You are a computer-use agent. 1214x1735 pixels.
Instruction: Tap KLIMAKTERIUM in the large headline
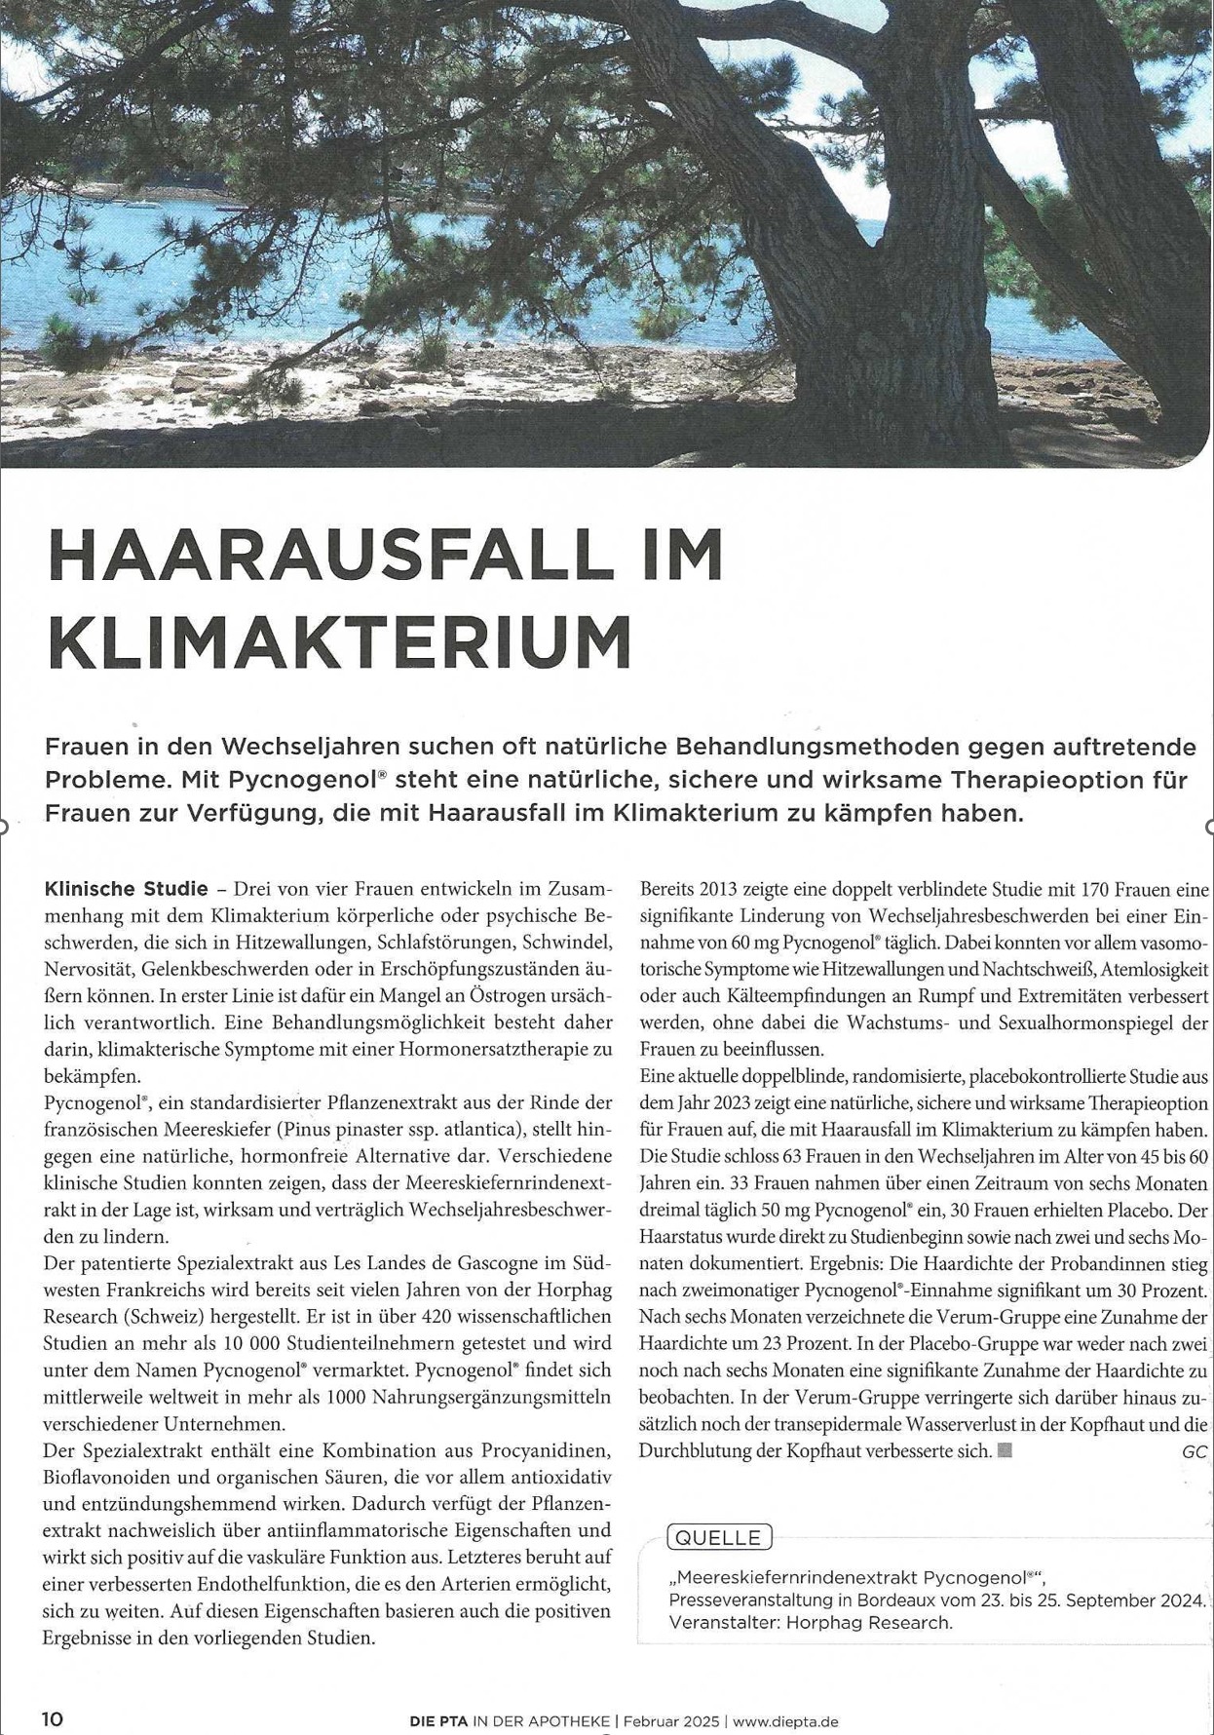pos(340,640)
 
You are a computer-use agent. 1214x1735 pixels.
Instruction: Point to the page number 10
pos(53,1719)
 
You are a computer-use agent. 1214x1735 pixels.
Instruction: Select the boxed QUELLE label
pos(719,1537)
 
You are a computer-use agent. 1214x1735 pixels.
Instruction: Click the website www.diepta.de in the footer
pos(785,1721)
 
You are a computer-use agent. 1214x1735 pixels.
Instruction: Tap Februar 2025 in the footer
pos(671,1721)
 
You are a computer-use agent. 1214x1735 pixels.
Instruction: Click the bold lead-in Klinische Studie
pos(126,889)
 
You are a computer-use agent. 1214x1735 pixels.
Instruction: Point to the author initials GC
pos(1194,1451)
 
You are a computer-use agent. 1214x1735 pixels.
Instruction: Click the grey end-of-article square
pos(1005,1449)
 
